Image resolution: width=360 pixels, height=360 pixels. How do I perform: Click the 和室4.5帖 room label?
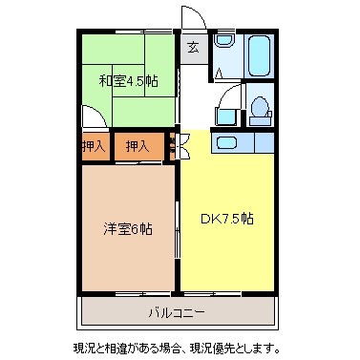coord(128,80)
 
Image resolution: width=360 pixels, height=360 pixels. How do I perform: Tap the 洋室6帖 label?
coord(129,228)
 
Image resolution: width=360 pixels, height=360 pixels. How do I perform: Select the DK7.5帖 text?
coord(227,218)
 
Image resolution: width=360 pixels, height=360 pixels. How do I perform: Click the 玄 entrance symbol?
coord(193,46)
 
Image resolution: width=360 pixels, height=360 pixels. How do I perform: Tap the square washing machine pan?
coord(225,116)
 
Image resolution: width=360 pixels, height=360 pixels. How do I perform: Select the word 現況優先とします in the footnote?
coord(238,346)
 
